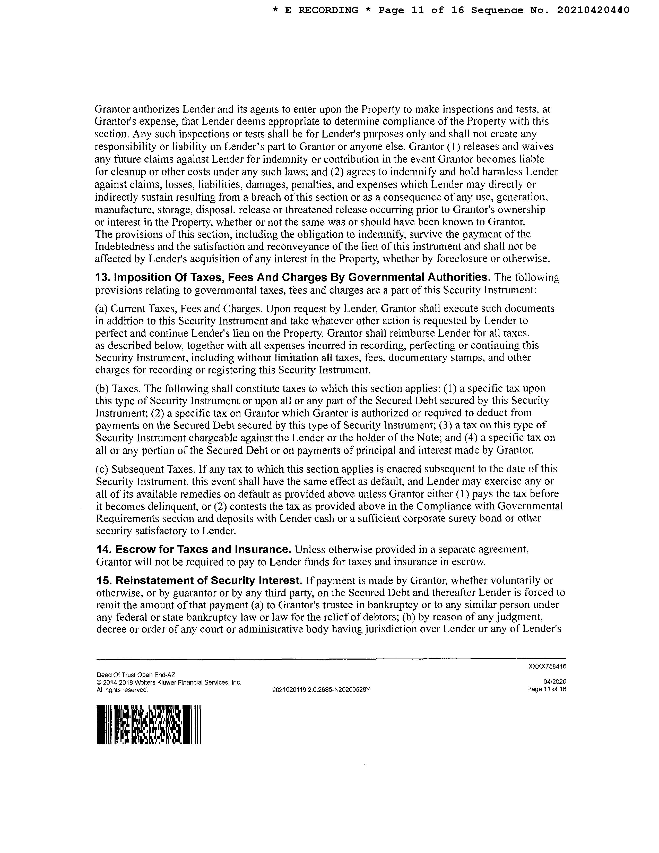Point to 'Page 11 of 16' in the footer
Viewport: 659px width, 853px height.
pyautogui.click(x=546, y=689)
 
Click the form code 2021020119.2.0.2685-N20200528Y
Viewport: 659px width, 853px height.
pyautogui.click(x=321, y=690)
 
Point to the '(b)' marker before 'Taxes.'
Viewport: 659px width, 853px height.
pyautogui.click(x=102, y=389)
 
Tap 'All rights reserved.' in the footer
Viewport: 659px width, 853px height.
pyautogui.click(x=122, y=690)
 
